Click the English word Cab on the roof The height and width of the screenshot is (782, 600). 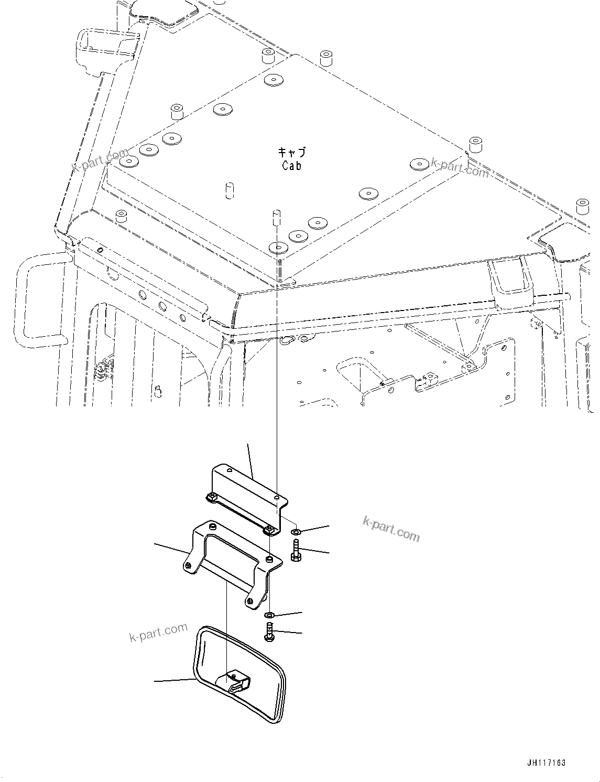tap(292, 166)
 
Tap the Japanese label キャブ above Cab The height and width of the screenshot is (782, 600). tap(292, 153)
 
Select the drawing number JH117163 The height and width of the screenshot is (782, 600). tap(543, 763)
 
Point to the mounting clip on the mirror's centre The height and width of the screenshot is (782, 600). tap(237, 682)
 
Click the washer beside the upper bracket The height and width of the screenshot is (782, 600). tap(296, 533)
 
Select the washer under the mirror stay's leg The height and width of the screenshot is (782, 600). tap(269, 614)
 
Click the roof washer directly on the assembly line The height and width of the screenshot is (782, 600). tap(277, 247)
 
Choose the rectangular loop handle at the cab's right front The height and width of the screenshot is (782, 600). tap(512, 278)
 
